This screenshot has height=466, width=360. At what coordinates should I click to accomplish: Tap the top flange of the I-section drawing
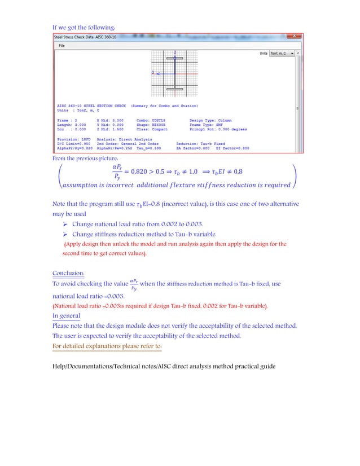click(175, 58)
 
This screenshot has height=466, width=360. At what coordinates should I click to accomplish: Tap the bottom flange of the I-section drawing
click(175, 89)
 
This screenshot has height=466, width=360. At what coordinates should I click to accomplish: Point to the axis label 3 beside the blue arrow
click(153, 73)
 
